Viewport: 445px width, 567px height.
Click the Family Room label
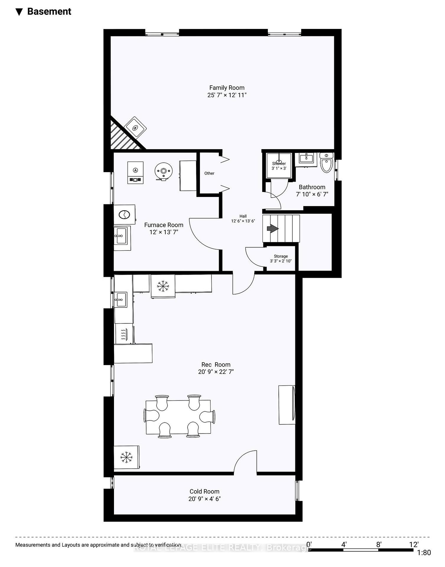point(226,88)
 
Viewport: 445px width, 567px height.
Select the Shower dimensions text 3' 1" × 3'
point(279,168)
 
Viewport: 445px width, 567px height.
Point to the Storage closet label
point(281,256)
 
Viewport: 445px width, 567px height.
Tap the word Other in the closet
point(209,173)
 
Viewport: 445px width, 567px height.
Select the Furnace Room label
point(164,225)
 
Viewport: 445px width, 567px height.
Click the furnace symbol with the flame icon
point(135,172)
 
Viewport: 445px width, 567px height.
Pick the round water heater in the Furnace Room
point(163,171)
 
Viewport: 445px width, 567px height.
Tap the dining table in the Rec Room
point(178,417)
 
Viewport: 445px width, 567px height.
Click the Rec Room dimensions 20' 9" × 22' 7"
point(216,372)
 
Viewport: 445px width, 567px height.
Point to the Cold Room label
point(204,491)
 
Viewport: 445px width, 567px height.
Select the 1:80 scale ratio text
point(424,553)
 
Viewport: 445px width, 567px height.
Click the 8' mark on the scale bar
point(379,544)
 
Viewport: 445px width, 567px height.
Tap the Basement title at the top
point(49,12)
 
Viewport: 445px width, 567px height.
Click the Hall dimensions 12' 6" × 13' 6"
point(243,221)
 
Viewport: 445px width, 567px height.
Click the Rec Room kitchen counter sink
point(120,300)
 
